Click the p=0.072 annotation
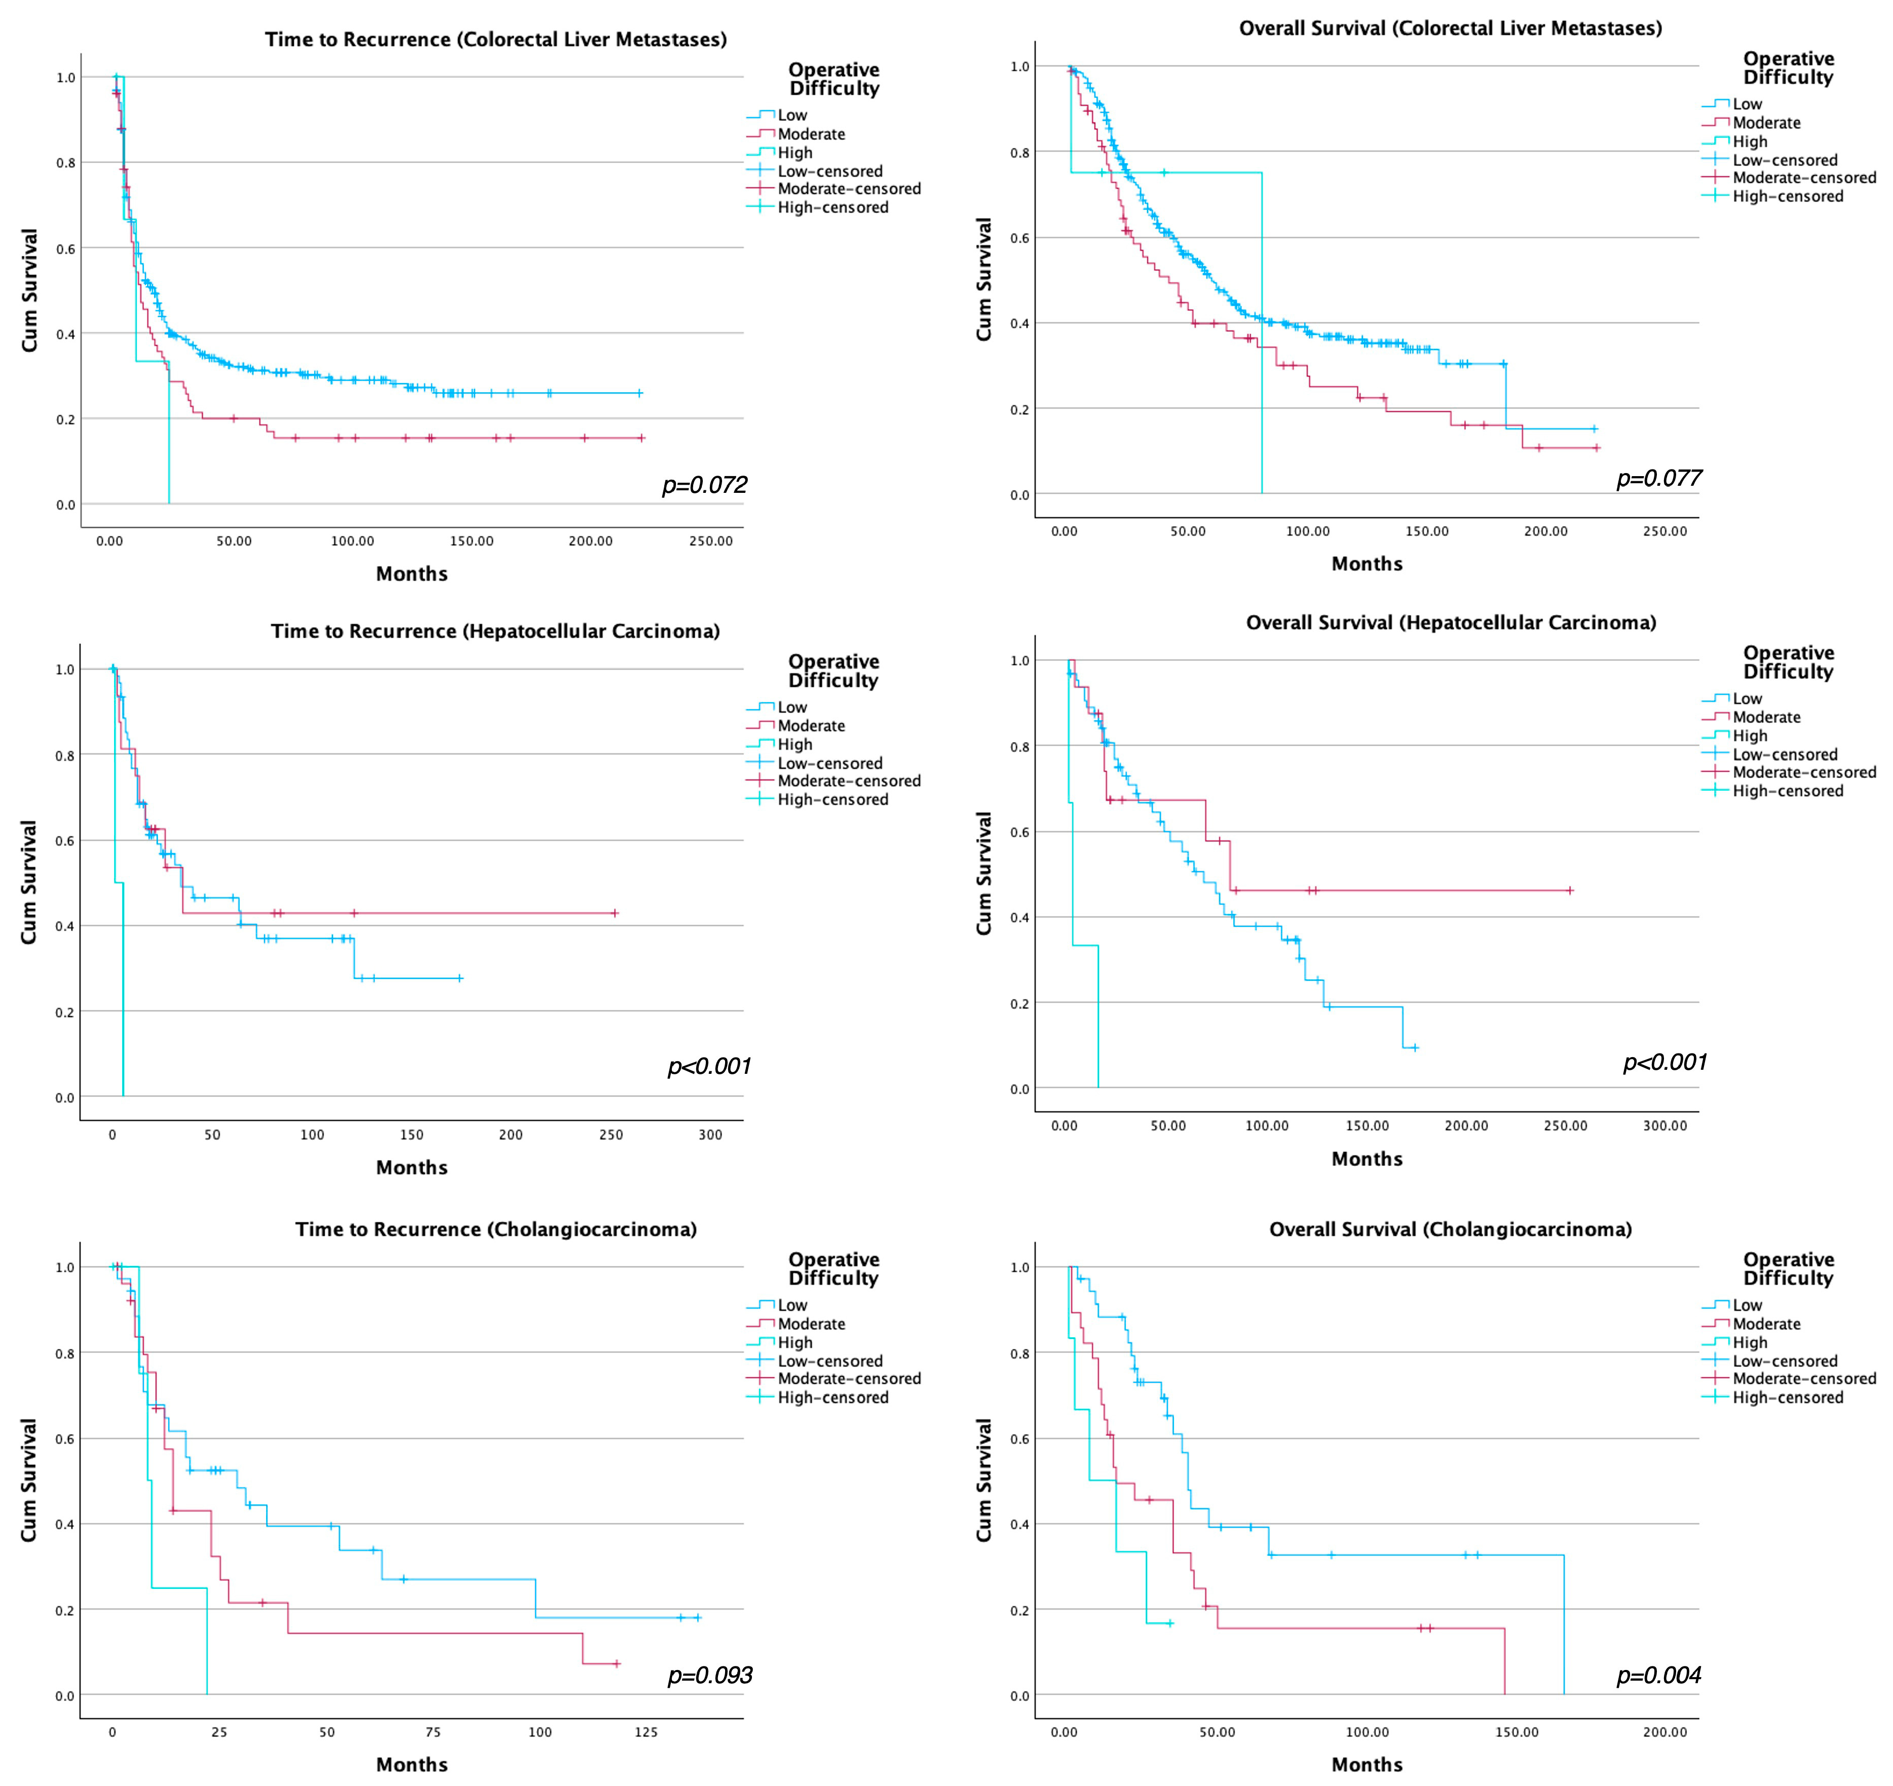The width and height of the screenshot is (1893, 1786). (x=705, y=486)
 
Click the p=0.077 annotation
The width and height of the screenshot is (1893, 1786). (x=1659, y=479)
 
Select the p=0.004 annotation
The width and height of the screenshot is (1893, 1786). (x=1659, y=1676)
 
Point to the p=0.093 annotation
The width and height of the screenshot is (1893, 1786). (x=709, y=1676)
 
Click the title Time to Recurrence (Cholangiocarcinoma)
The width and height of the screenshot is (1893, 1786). (x=495, y=1229)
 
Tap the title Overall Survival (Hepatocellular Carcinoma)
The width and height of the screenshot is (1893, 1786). (x=1450, y=623)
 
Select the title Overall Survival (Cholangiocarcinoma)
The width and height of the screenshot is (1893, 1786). (x=1450, y=1229)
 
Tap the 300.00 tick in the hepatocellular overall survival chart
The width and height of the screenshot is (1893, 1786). (x=1664, y=1125)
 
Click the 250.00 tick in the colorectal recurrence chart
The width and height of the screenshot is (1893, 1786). (x=710, y=541)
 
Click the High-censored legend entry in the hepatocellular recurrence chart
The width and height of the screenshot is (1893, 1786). (x=832, y=800)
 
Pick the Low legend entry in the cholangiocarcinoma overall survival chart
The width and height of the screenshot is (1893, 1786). (x=1747, y=1305)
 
